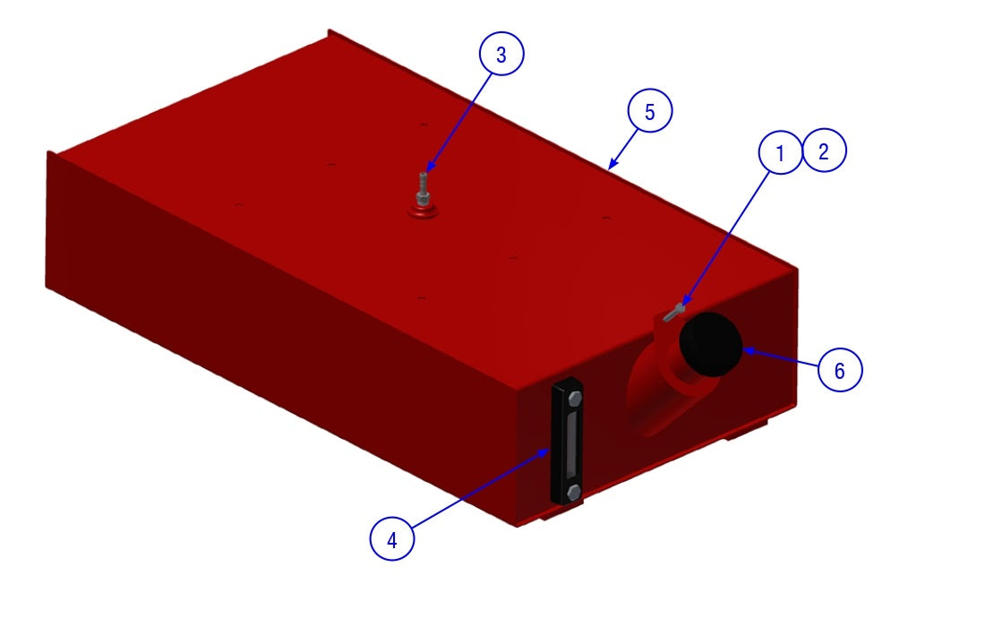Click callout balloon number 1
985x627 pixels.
click(780, 152)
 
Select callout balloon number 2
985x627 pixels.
click(824, 150)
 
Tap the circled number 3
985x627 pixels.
click(501, 54)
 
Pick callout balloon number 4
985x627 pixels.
click(392, 538)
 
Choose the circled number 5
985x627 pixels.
click(650, 110)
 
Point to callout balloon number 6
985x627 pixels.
click(841, 369)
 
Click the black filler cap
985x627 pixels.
click(711, 344)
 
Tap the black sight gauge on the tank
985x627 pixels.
click(567, 441)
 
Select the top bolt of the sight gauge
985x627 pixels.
click(575, 399)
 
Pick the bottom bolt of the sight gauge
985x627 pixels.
click(573, 492)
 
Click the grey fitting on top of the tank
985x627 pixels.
click(423, 188)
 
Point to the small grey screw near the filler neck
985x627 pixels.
click(672, 313)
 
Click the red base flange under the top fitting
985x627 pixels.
click(423, 210)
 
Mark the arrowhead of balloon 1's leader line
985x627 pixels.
click(685, 302)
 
